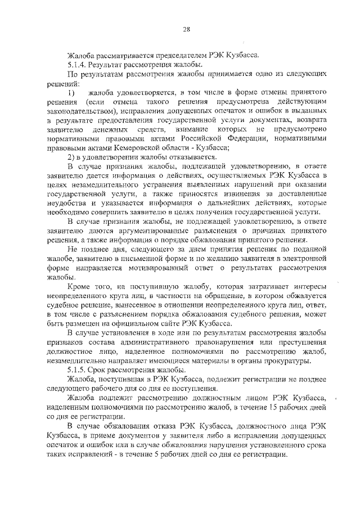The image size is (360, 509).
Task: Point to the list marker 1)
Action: (71, 92)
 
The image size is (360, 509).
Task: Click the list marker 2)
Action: (71, 156)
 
